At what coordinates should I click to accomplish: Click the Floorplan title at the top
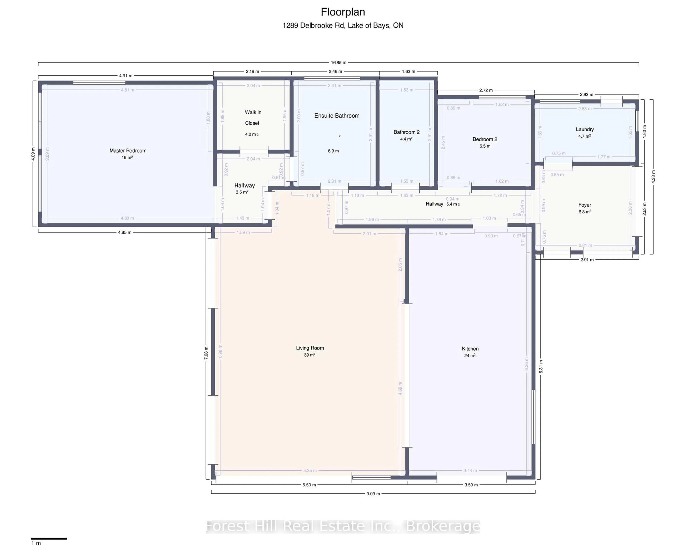click(343, 12)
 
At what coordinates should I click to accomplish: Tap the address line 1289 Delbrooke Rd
click(343, 25)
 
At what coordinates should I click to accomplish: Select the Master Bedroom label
click(128, 150)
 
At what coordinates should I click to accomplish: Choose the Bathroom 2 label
click(406, 132)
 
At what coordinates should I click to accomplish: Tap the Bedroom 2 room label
click(485, 139)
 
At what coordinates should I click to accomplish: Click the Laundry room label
click(585, 129)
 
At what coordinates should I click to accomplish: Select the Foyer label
click(585, 205)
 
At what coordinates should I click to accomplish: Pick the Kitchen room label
click(470, 348)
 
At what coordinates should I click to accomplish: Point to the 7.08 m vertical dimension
click(206, 353)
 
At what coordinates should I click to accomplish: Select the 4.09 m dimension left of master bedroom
click(33, 154)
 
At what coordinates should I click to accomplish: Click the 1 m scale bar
click(49, 539)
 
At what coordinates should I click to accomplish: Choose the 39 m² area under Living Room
click(309, 355)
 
